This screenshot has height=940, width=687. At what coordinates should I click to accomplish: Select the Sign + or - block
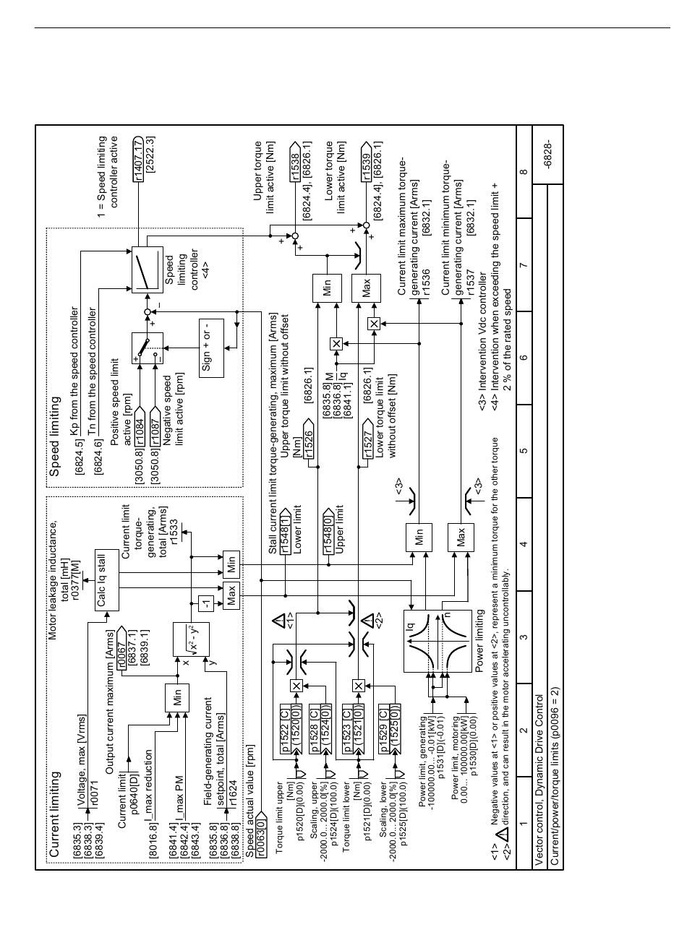tap(207, 345)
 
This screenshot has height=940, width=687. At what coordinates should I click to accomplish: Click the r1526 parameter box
tap(307, 441)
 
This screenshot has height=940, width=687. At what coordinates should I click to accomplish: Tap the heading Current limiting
tap(54, 812)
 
